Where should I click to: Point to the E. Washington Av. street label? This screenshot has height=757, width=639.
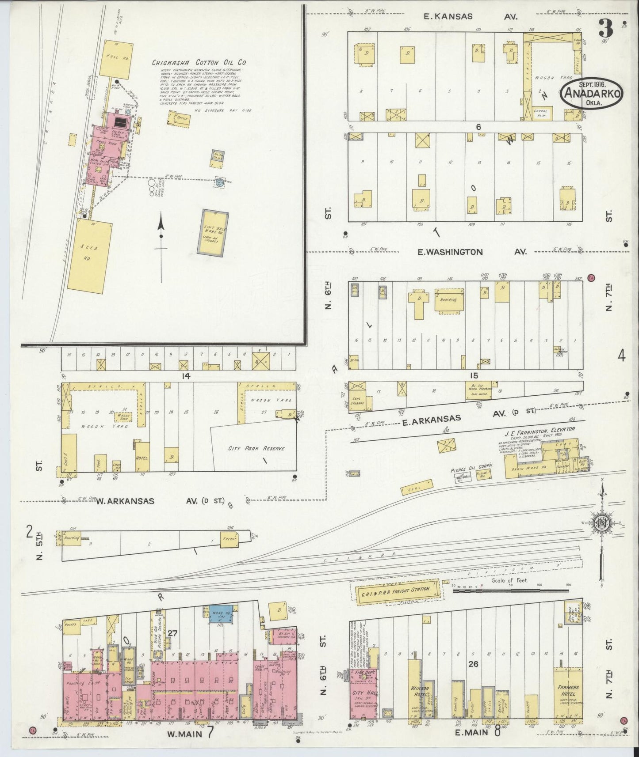pyautogui.click(x=472, y=252)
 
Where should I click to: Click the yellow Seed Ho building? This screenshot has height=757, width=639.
pyautogui.click(x=88, y=255)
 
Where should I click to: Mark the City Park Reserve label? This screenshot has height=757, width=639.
pyautogui.click(x=256, y=448)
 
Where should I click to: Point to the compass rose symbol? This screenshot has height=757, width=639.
pyautogui.click(x=602, y=523)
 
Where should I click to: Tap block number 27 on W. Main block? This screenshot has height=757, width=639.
pyautogui.click(x=172, y=633)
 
